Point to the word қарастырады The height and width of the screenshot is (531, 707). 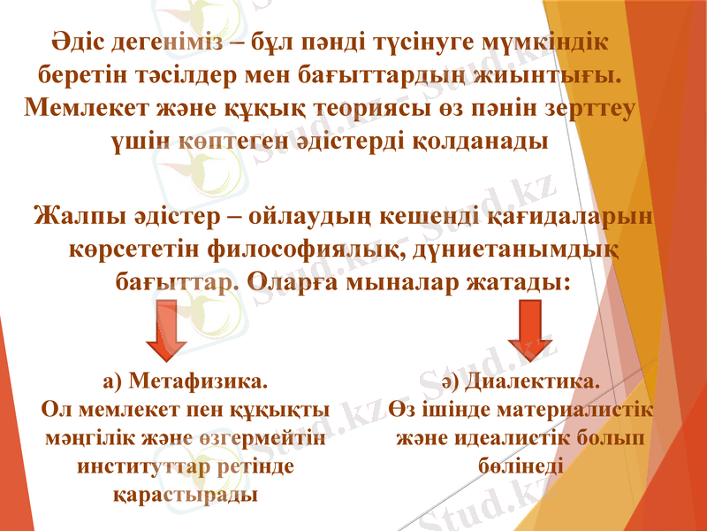(186, 493)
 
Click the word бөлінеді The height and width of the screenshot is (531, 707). (521, 466)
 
